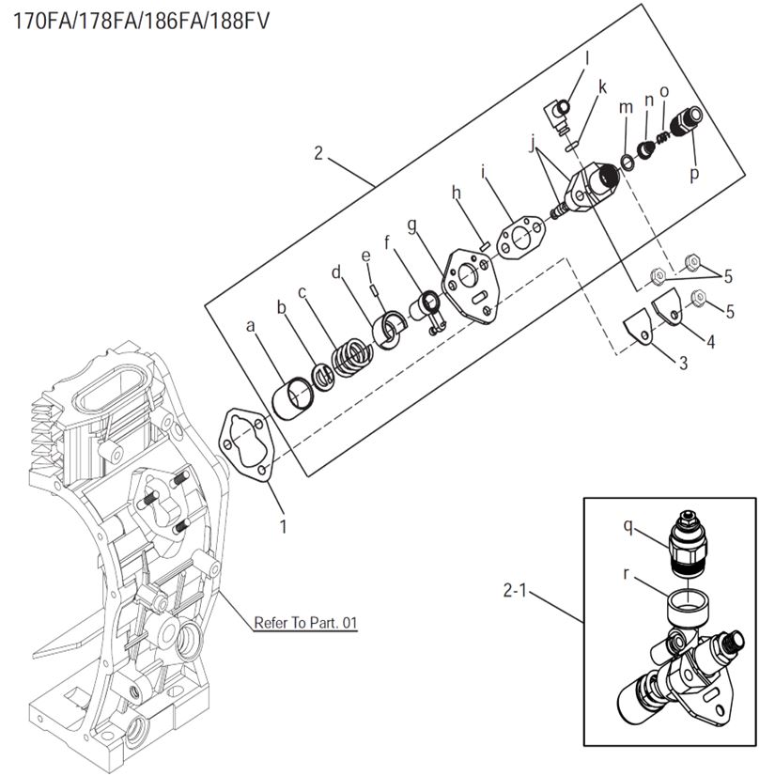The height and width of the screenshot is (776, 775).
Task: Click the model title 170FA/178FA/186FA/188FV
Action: tap(140, 20)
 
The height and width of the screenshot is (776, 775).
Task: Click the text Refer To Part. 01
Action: tap(306, 623)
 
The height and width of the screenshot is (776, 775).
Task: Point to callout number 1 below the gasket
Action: tap(283, 525)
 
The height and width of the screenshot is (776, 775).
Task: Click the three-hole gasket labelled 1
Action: tap(246, 446)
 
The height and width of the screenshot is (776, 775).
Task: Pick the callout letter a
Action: tap(250, 325)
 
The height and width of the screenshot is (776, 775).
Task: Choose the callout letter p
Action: tap(694, 175)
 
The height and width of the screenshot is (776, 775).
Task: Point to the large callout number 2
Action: tap(318, 153)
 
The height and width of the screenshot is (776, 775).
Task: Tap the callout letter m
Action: tap(627, 108)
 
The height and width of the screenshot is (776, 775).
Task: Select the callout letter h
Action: tap(457, 193)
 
